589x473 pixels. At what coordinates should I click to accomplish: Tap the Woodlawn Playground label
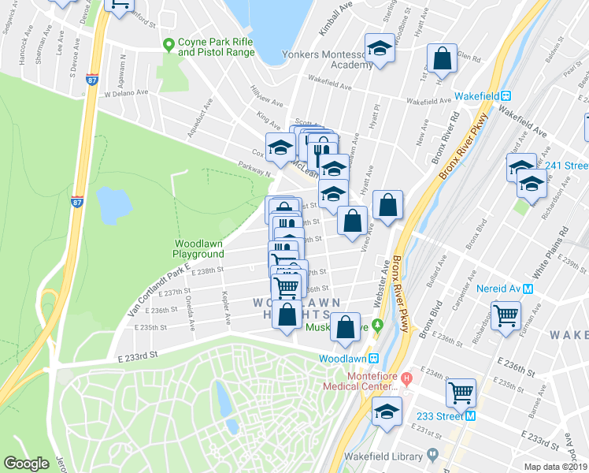pos(199,249)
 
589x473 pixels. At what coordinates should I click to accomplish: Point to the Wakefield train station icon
pos(506,95)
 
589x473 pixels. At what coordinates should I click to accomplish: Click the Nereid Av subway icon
pos(528,289)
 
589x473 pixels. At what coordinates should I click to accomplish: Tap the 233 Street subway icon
pos(470,415)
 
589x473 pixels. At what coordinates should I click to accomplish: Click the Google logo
pos(26,463)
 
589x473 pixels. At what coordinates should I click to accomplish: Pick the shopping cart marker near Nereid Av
pos(505,315)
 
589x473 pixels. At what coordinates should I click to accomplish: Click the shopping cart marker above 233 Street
pos(461,392)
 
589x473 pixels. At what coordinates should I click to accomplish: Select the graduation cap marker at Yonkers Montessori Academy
pos(380,49)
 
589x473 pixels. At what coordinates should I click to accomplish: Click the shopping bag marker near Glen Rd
pos(442,58)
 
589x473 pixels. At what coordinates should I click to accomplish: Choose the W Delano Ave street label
pos(126,92)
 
